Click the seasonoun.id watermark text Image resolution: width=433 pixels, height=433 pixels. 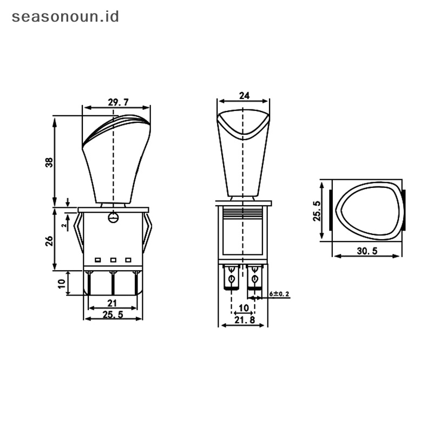point(65,17)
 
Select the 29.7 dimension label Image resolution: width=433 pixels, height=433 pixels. point(118,102)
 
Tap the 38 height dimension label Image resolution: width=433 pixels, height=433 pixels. point(49,162)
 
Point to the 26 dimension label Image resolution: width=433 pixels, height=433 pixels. point(49,241)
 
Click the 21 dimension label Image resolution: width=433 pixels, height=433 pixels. point(112,303)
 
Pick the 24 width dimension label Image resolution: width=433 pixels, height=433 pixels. point(244,96)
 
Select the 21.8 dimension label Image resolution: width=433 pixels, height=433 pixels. point(245,320)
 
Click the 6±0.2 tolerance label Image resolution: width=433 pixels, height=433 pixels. point(279,294)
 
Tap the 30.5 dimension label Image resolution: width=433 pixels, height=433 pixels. point(367,251)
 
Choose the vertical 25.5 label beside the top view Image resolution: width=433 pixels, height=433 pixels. point(317,211)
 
